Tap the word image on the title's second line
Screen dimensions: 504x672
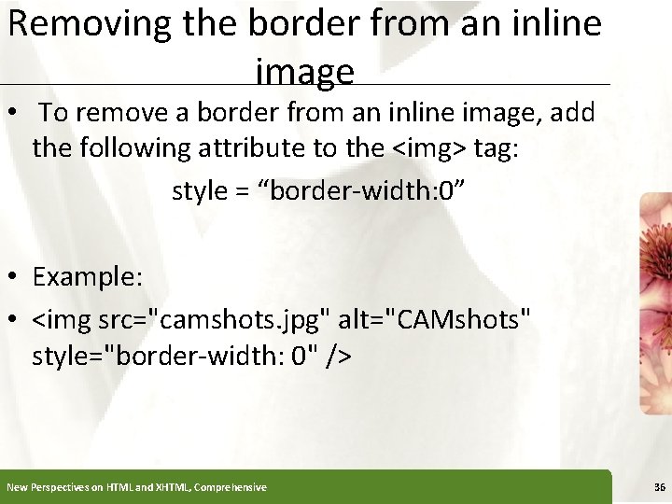pyautogui.click(x=303, y=71)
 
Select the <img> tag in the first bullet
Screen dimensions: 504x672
pyautogui.click(x=432, y=147)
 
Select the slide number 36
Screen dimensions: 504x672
pyautogui.click(x=659, y=487)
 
